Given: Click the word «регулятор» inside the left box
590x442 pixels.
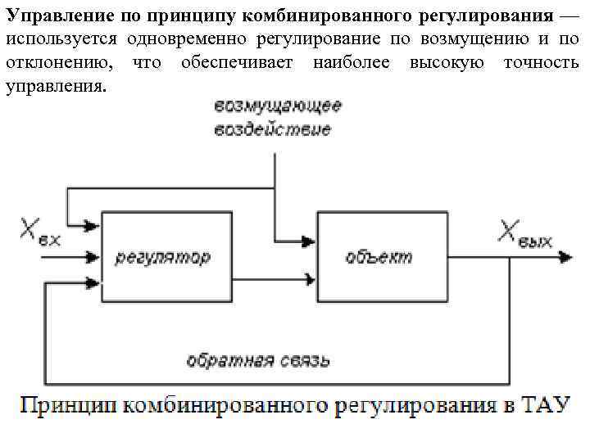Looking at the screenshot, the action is [x=162, y=257].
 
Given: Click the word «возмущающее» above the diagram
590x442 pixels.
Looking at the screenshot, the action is [x=279, y=106].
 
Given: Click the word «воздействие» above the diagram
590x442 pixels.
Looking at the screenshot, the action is [x=273, y=129].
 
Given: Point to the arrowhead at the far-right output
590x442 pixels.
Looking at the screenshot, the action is [x=565, y=256].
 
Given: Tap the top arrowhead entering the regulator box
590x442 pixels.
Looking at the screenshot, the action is [x=95, y=223].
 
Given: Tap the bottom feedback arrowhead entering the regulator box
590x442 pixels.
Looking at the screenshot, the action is [x=95, y=283].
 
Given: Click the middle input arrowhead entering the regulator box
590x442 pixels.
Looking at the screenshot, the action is [x=95, y=256].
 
